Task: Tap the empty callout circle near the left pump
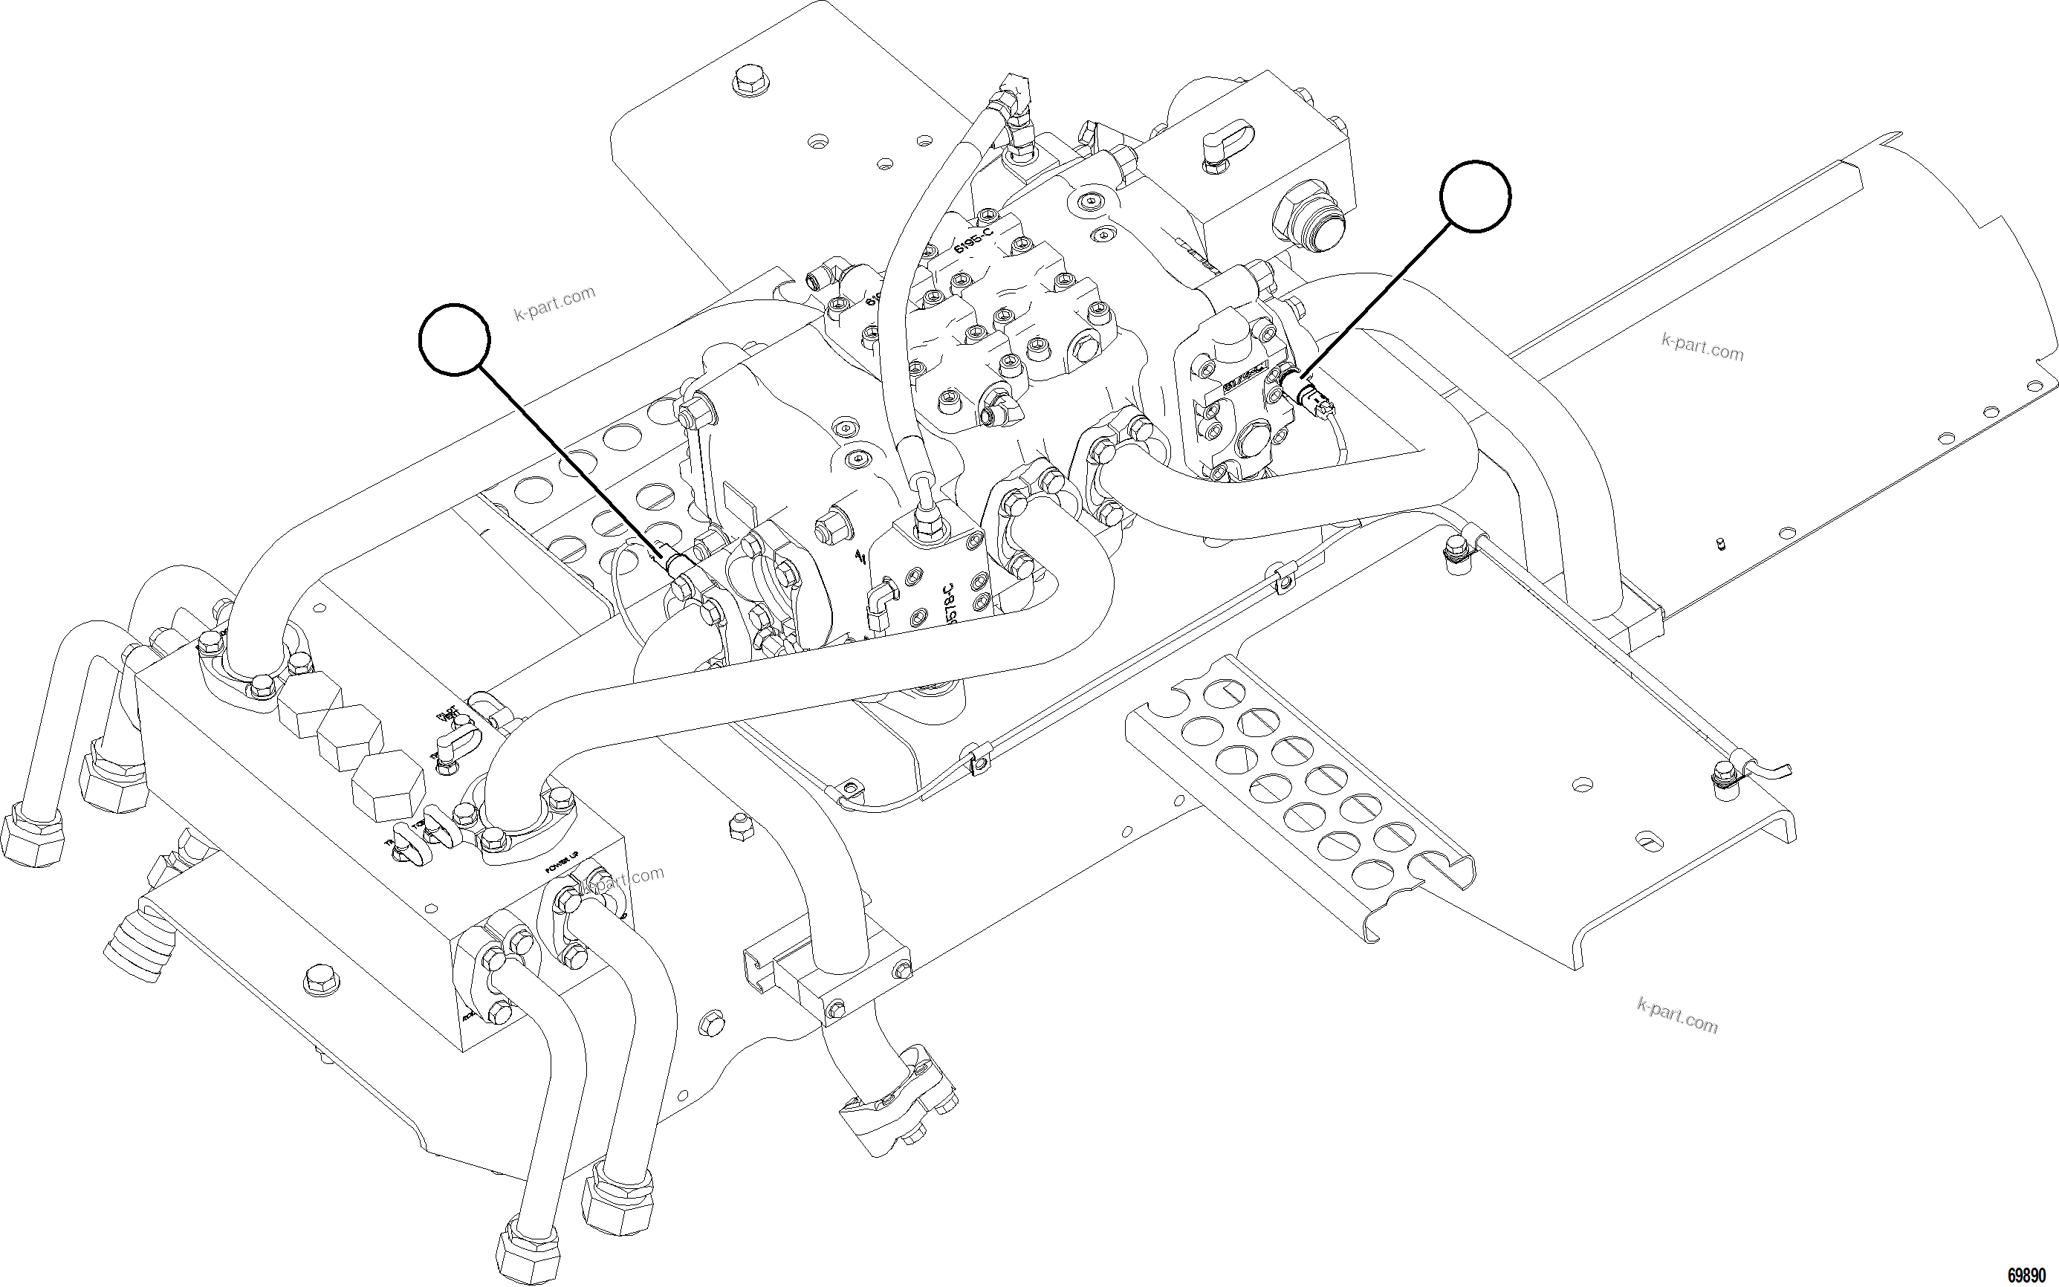[455, 339]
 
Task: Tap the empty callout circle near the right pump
[1475, 195]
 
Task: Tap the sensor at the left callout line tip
[679, 563]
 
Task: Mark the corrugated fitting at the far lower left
[139, 946]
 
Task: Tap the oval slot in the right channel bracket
[1650, 842]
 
